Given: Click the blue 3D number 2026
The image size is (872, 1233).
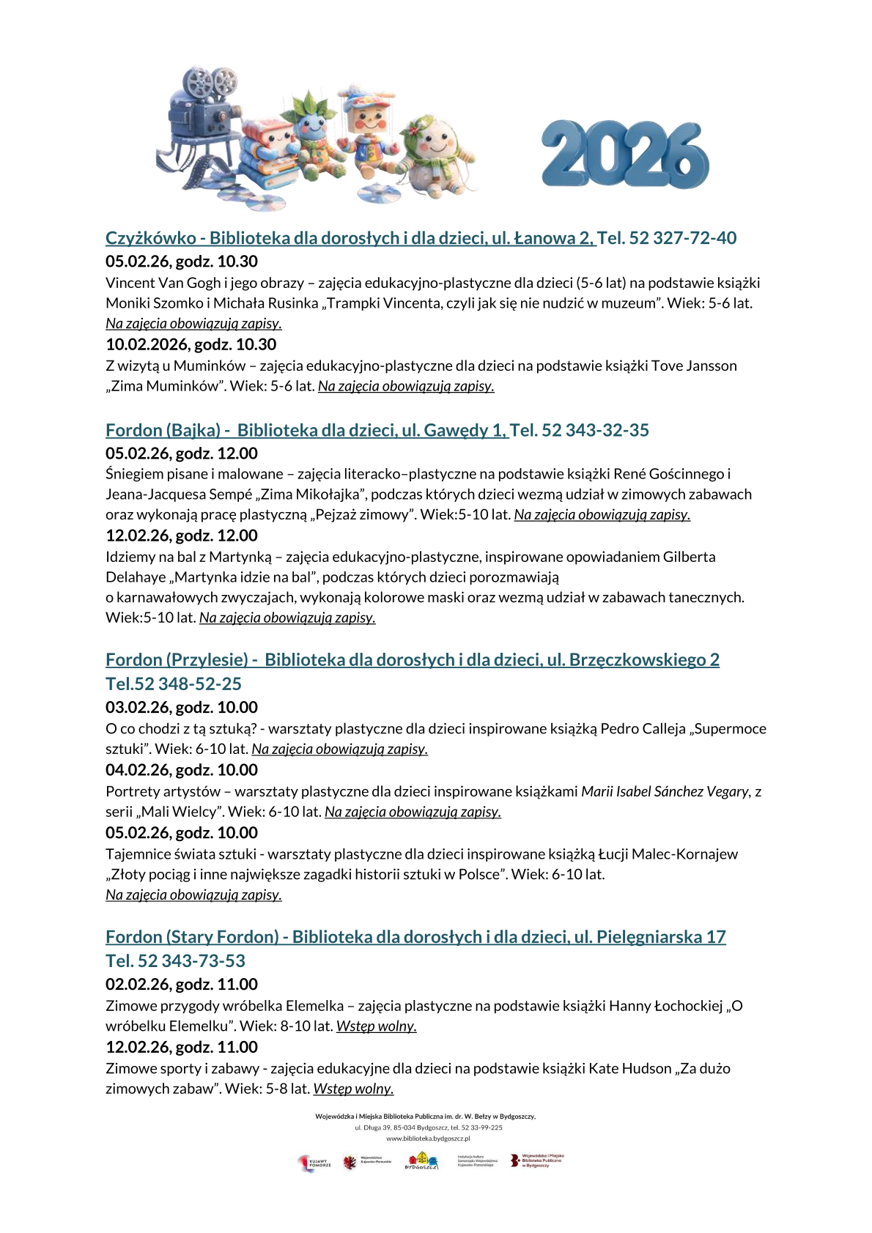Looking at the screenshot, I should click(625, 155).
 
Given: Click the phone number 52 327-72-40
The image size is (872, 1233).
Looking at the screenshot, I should click(682, 238).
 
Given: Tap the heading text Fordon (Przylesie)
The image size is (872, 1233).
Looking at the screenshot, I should click(177, 659).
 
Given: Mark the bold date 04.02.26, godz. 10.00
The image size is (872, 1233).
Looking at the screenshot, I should click(182, 770).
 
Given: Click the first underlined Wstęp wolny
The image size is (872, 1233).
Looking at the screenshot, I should click(376, 1026).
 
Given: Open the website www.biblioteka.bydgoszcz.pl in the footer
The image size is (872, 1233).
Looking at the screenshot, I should click(428, 1138).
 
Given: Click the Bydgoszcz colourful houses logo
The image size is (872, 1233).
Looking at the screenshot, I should click(422, 1161).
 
